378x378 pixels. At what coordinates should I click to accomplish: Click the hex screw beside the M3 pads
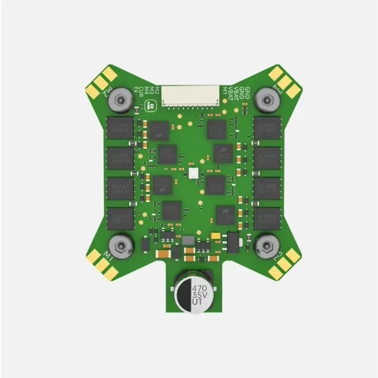tap(266, 245)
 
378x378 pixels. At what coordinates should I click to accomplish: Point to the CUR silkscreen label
tap(141, 90)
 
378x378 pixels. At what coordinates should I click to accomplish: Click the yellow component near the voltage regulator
tap(215, 235)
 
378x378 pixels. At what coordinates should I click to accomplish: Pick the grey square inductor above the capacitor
tap(188, 241)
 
